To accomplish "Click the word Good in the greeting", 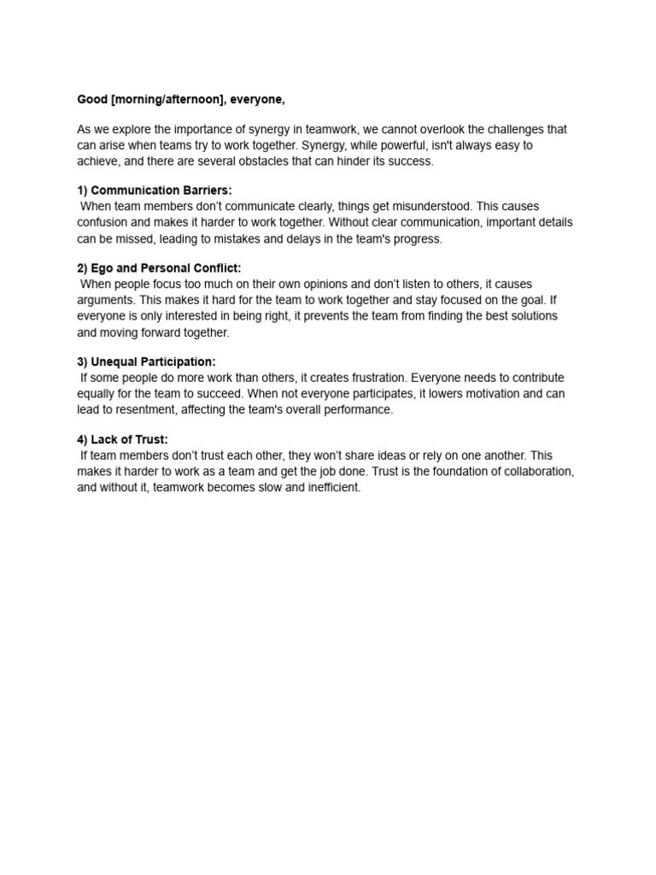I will point(92,100).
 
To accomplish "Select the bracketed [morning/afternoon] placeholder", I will point(168,100).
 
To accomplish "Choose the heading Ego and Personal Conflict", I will point(166,268).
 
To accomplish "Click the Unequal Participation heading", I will point(153,361).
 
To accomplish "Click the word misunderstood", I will point(425,207).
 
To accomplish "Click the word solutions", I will point(530,316).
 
